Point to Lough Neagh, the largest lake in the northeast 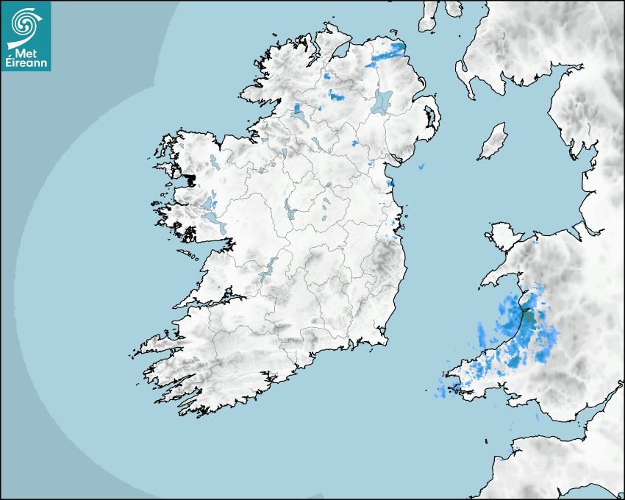(382, 101)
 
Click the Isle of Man (493, 141)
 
